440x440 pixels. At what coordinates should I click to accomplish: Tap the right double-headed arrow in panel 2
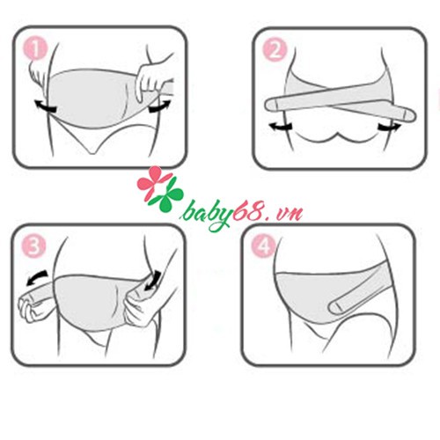387,128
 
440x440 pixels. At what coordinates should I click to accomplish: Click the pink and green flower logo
156,187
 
